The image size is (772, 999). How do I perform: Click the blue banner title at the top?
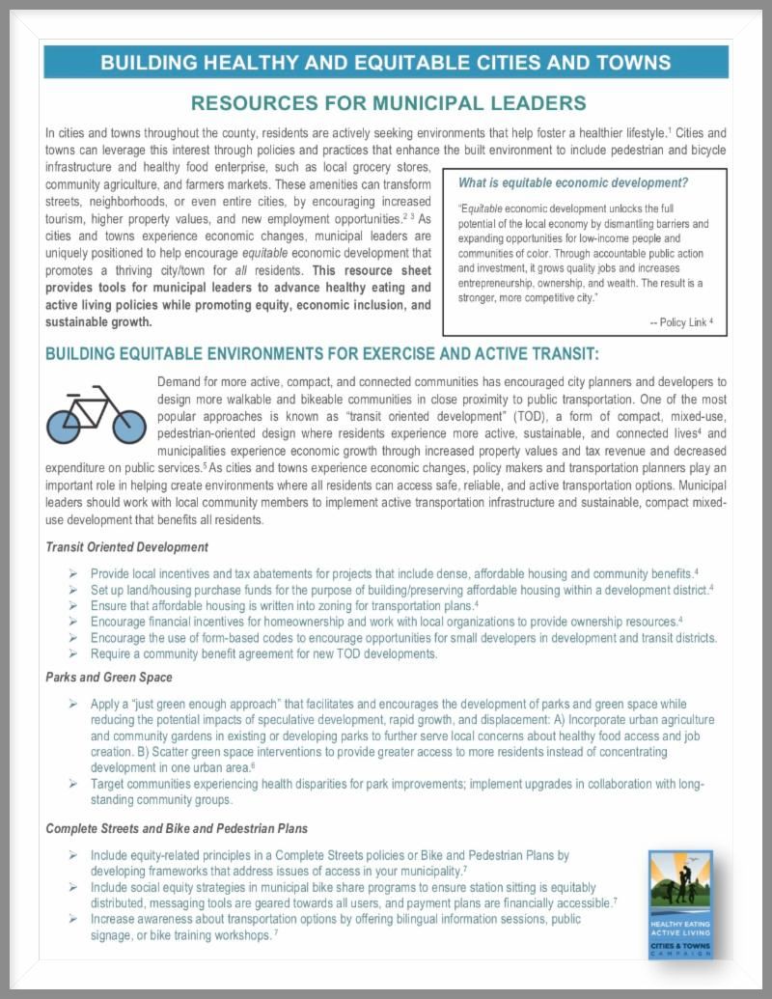pyautogui.click(x=386, y=63)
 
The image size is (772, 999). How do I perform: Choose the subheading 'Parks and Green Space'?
pyautogui.click(x=109, y=677)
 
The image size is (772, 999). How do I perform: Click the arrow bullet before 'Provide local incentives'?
pyautogui.click(x=73, y=573)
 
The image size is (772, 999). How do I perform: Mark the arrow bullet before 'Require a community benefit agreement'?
pyautogui.click(x=73, y=654)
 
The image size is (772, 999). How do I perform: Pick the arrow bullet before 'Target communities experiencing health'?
pyautogui.click(x=73, y=784)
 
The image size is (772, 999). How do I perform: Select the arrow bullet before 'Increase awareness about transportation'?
pyautogui.click(x=73, y=919)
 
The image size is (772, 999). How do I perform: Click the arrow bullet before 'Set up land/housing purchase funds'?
pyautogui.click(x=73, y=589)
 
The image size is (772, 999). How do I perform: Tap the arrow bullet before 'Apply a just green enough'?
pyautogui.click(x=73, y=703)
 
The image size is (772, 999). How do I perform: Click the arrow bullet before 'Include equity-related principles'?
pyautogui.click(x=73, y=855)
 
